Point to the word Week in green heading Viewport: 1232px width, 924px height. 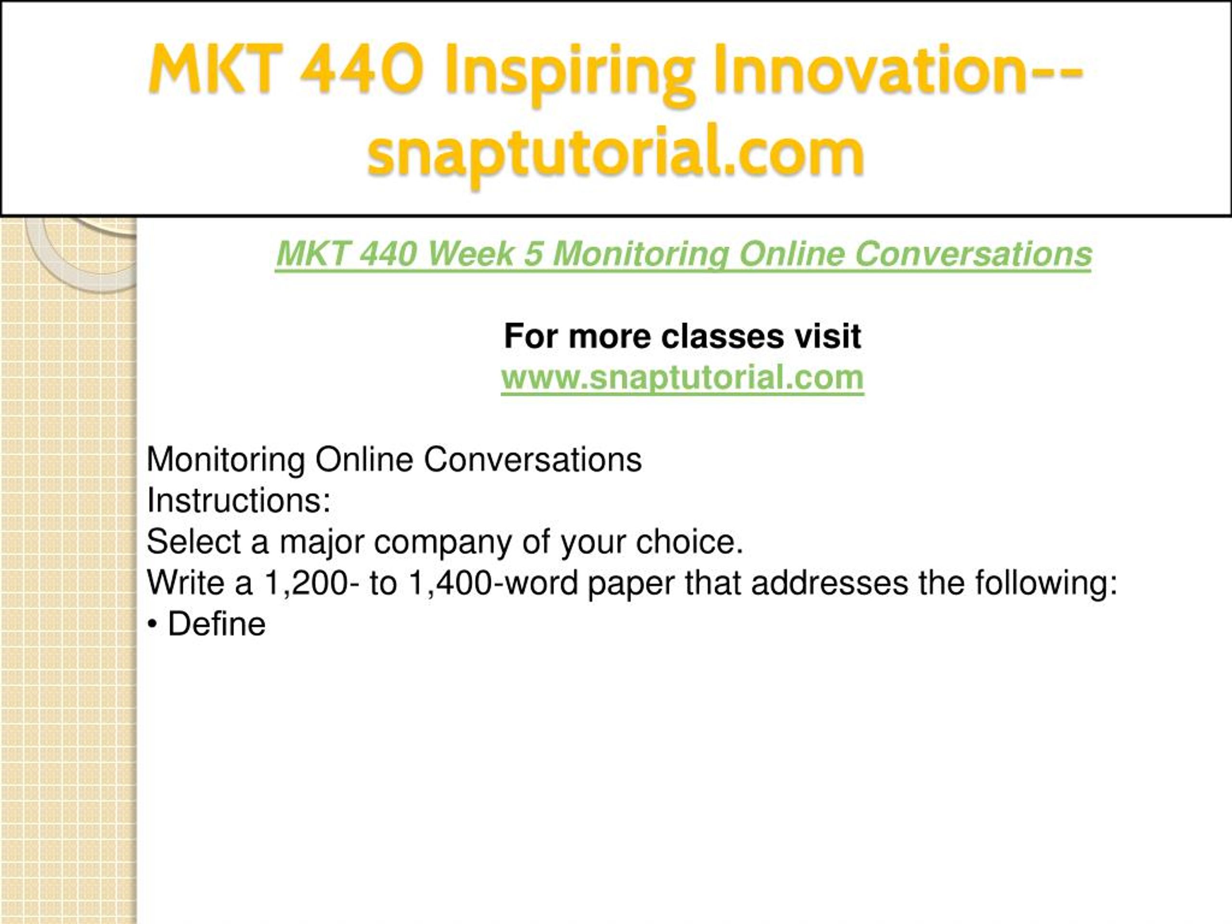coord(471,254)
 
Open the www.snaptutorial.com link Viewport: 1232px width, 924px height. coord(682,378)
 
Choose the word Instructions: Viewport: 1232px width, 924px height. coord(238,500)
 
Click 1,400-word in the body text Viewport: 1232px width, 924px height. coord(493,584)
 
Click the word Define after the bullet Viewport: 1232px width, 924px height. coord(217,624)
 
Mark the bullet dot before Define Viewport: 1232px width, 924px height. coord(153,626)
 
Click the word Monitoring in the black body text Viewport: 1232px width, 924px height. coord(226,461)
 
